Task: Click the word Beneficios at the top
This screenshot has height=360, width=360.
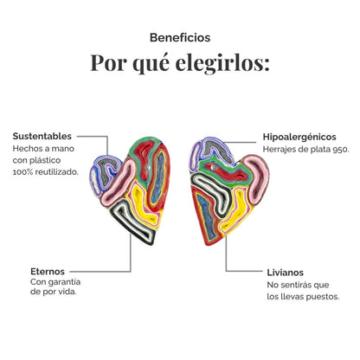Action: (180, 38)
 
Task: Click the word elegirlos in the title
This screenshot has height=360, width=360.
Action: (222, 63)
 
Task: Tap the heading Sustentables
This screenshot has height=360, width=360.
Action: (42, 136)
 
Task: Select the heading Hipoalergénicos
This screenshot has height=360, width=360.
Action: (299, 137)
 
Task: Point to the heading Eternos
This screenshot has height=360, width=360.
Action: (48, 272)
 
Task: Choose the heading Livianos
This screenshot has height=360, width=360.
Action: (285, 273)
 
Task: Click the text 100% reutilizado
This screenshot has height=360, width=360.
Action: (46, 172)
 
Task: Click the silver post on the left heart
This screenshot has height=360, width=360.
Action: (148, 167)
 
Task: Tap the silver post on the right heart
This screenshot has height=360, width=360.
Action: (213, 167)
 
